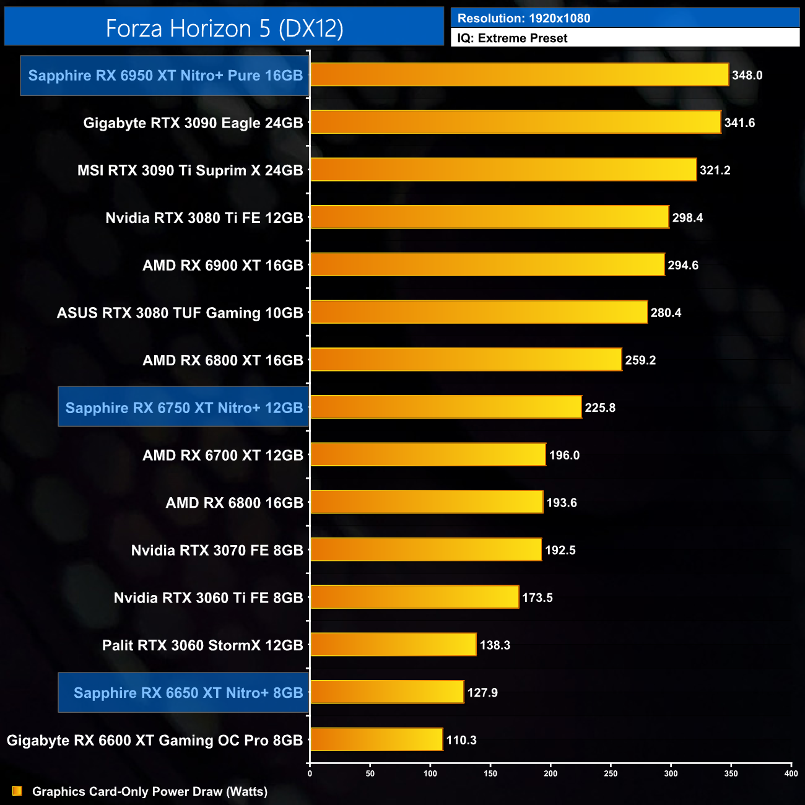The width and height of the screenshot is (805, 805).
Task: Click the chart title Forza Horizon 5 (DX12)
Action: click(224, 28)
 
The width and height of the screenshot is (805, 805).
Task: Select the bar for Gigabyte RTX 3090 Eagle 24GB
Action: click(516, 123)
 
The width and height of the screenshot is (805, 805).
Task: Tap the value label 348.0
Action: click(747, 76)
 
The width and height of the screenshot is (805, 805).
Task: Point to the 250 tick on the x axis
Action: click(611, 773)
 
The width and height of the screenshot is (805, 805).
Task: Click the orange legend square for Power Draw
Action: click(17, 791)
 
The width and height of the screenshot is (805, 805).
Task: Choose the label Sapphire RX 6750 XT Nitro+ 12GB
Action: click(184, 407)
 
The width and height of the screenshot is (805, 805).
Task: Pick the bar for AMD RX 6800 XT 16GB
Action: click(466, 360)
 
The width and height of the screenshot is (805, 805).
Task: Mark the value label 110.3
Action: click(461, 740)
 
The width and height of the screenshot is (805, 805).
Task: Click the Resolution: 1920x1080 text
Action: click(524, 19)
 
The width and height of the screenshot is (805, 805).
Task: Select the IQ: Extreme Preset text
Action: click(512, 38)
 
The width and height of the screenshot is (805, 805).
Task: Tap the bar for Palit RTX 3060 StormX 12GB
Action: click(393, 645)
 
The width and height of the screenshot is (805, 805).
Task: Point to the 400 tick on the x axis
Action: click(791, 773)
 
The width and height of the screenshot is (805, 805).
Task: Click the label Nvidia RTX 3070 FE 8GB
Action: click(217, 550)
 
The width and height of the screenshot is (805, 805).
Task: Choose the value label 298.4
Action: click(687, 218)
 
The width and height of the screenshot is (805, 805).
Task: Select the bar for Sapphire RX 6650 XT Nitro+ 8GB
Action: click(387, 692)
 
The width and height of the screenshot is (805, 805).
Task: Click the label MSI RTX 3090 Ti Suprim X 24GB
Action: click(190, 170)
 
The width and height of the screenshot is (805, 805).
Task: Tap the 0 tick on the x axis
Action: click(310, 773)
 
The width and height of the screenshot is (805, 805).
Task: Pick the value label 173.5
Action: click(537, 598)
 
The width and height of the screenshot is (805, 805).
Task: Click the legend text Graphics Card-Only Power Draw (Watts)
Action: click(150, 791)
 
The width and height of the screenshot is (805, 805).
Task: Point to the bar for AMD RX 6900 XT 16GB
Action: click(487, 265)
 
